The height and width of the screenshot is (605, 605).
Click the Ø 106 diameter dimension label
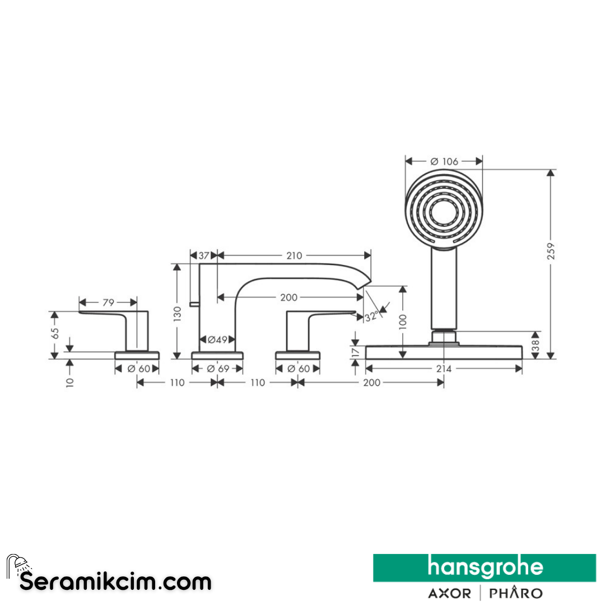(444, 161)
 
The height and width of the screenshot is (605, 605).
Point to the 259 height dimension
(551, 251)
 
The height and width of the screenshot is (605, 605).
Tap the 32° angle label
(371, 317)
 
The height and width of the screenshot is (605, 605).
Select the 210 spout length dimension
(294, 255)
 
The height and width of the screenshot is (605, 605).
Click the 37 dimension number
(204, 255)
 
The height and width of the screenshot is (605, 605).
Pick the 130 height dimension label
(177, 314)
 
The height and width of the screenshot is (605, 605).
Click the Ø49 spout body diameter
(217, 339)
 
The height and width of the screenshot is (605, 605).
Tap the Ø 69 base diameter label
(218, 369)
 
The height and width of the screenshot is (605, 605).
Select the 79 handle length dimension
(109, 302)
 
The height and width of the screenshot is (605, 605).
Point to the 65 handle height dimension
(55, 334)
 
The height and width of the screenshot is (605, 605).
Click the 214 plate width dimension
(444, 369)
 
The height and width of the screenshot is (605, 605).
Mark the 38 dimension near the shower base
(535, 345)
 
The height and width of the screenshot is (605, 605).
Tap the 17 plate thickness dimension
(356, 351)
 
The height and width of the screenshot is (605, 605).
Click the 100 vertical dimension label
(403, 322)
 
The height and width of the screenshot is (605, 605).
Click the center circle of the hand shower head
(444, 211)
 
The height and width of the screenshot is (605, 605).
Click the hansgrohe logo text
(485, 567)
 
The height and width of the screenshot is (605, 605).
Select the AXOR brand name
(449, 593)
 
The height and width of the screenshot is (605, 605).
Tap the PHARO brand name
(516, 593)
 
